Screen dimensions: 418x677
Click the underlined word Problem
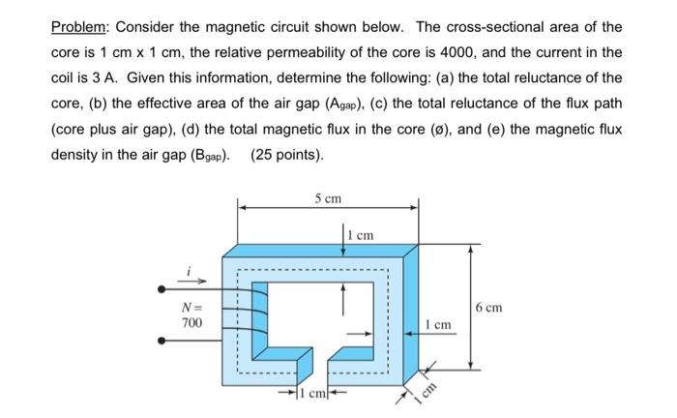(x=79, y=26)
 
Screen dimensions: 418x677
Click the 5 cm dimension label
(x=328, y=198)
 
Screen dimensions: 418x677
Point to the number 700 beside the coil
(x=192, y=322)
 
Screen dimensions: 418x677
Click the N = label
(x=191, y=307)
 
